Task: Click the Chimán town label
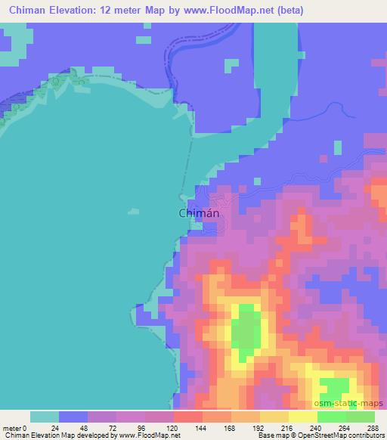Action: pos(200,214)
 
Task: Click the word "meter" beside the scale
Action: pos(13,427)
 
